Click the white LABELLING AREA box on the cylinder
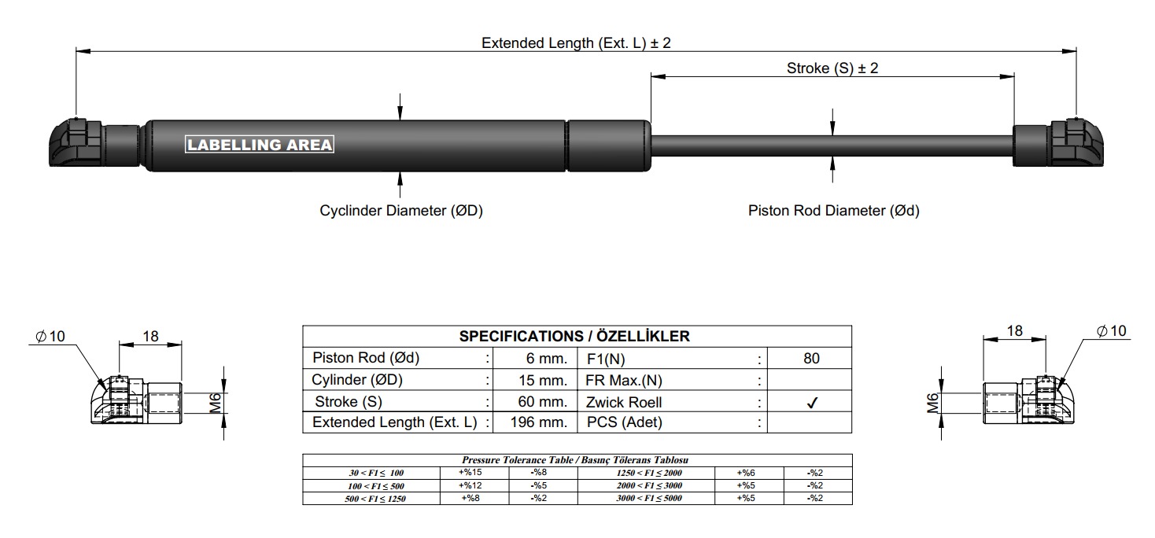coord(260,144)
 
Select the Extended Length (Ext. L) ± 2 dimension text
coord(576,42)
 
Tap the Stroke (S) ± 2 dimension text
coord(832,68)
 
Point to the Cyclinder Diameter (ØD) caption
coord(401,210)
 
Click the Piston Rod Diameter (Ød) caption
coord(834,210)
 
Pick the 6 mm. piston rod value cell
coord(535,358)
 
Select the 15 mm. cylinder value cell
coord(535,380)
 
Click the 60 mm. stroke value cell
coord(535,401)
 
